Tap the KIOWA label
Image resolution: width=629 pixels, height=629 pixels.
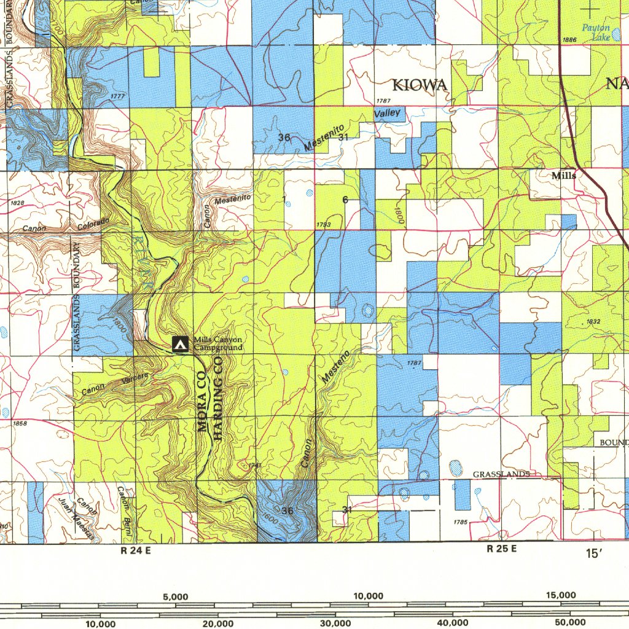tap(420, 85)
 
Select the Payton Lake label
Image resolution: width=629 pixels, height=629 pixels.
tap(596, 33)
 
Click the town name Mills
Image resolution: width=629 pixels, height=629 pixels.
tap(563, 176)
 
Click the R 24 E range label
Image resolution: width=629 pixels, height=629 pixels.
tap(136, 550)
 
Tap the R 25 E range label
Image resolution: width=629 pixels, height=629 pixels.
tap(502, 549)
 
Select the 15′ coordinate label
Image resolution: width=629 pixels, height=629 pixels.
tap(593, 554)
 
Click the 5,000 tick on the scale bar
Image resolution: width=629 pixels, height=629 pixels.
tap(176, 597)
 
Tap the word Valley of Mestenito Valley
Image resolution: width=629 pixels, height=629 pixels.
tap(388, 113)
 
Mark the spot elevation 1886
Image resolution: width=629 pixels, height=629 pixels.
tap(570, 40)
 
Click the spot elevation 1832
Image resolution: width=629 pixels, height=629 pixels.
tap(593, 321)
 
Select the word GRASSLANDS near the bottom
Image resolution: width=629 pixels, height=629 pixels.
tap(501, 474)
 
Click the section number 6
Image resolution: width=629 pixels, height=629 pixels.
tap(345, 200)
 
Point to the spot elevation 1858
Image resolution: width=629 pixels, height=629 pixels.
tap(20, 424)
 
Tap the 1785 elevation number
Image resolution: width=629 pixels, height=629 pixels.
tap(461, 522)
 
